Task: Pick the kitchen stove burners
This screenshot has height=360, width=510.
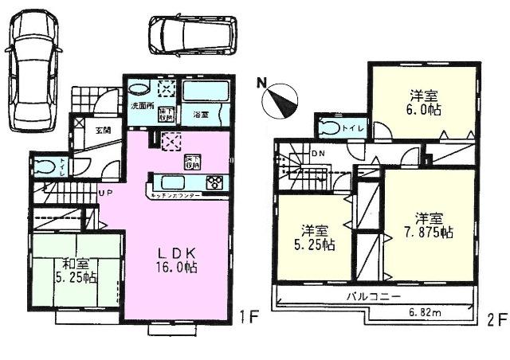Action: coord(214,182)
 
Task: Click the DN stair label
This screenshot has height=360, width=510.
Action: coord(318,154)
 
